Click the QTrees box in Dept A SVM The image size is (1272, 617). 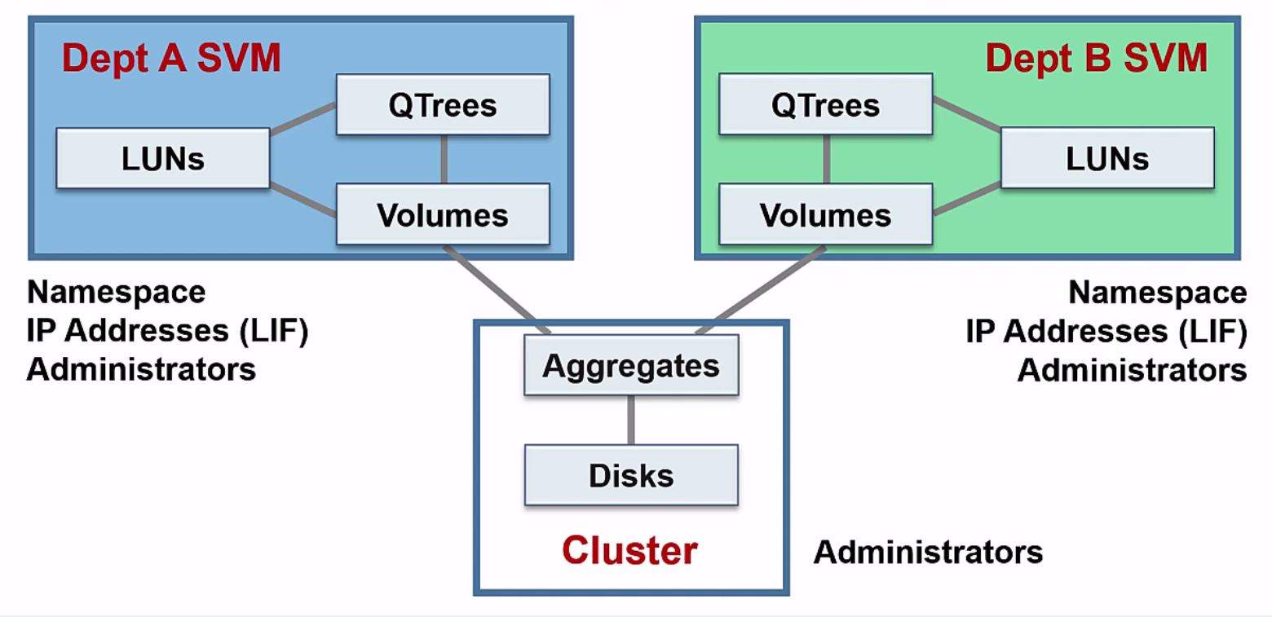pyautogui.click(x=443, y=105)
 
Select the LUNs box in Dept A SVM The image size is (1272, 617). pyautogui.click(x=163, y=159)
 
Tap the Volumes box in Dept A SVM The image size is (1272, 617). pyautogui.click(x=443, y=214)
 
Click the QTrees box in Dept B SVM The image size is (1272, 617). pyautogui.click(x=825, y=105)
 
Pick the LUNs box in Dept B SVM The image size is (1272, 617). pyautogui.click(x=1107, y=159)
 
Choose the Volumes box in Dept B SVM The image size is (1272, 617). pyautogui.click(x=825, y=214)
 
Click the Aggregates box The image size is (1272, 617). pyautogui.click(x=631, y=365)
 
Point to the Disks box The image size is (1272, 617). pyautogui.click(x=631, y=475)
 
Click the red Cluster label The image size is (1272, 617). pyautogui.click(x=629, y=551)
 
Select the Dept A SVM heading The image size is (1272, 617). pyautogui.click(x=171, y=59)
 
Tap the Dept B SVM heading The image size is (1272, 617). pyautogui.click(x=1096, y=59)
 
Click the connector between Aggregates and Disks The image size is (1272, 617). pyautogui.click(x=631, y=420)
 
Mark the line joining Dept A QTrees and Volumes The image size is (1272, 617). pyautogui.click(x=444, y=159)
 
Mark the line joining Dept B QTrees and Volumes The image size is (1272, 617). pyautogui.click(x=826, y=159)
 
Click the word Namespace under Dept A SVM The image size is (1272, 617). pyautogui.click(x=117, y=292)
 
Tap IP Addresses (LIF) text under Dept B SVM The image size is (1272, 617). pyautogui.click(x=1106, y=332)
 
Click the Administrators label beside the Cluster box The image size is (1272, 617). pyautogui.click(x=928, y=553)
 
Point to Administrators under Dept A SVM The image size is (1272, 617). pyautogui.click(x=141, y=369)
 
